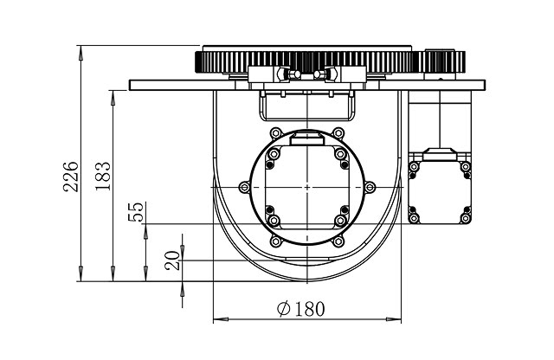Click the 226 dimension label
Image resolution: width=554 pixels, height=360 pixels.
[71, 177]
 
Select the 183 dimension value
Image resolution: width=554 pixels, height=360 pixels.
[103, 176]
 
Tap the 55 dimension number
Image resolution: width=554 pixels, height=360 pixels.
[136, 212]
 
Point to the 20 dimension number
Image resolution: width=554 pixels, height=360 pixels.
[172, 260]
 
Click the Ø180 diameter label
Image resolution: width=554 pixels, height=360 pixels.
[300, 309]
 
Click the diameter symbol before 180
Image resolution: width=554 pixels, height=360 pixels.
[284, 309]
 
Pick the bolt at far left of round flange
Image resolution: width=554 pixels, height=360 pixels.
[244, 187]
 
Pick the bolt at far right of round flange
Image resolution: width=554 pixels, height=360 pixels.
[370, 187]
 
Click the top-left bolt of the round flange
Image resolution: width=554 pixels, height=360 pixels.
[275, 133]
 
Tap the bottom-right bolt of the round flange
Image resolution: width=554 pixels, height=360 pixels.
[338, 241]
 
